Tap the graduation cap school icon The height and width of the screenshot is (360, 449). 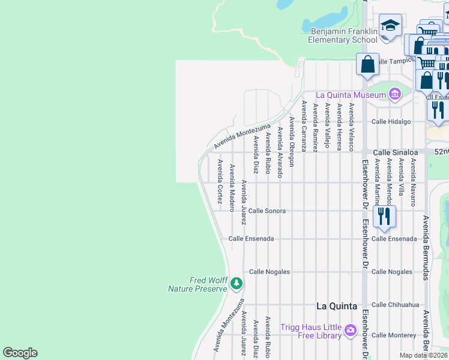(390, 26)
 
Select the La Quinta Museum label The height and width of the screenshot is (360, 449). (350, 95)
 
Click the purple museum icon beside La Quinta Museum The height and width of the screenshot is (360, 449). (394, 94)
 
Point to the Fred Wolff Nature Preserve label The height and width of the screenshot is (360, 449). (198, 284)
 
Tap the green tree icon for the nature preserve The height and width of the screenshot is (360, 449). (237, 283)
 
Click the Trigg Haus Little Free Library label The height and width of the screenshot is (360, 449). (311, 331)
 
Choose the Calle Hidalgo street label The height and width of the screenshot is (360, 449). (391, 121)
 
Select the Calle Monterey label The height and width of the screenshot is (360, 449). (393, 335)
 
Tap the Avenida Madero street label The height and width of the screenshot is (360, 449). (232, 188)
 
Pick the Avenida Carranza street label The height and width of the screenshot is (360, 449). (304, 126)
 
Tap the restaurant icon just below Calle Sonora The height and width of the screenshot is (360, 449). (384, 216)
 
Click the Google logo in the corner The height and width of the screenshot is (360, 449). (20, 353)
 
